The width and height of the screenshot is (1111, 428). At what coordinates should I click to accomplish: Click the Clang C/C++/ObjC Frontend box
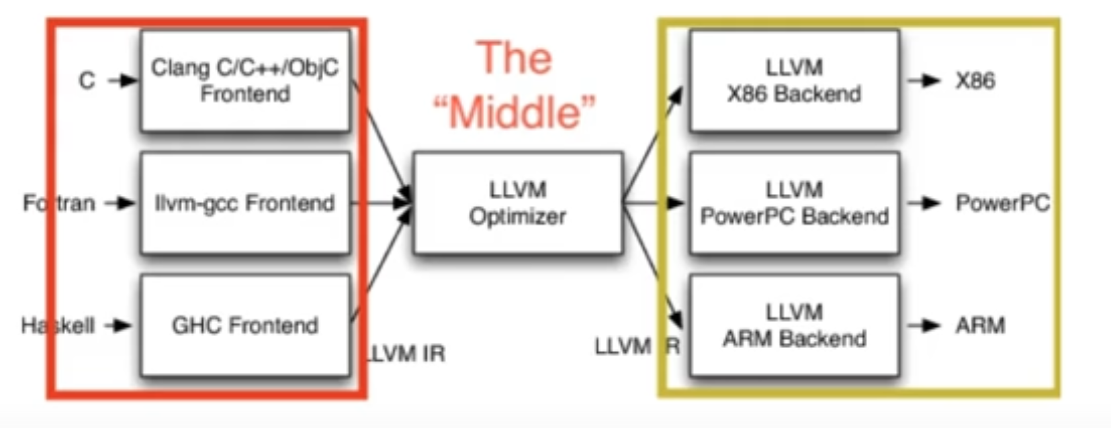245,81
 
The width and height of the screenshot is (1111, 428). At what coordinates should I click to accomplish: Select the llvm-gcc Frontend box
245,203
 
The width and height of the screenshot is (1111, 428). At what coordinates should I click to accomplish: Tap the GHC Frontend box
245,325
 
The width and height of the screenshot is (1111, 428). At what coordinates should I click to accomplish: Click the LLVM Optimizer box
518,203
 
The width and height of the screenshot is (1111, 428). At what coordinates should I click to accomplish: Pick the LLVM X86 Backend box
794,81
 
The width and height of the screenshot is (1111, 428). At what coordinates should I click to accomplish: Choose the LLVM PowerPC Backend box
794,203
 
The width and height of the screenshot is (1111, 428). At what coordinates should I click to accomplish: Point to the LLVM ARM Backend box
794,325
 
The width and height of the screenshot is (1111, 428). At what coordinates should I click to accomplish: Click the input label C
87,81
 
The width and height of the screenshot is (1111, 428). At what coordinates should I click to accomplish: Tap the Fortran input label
59,203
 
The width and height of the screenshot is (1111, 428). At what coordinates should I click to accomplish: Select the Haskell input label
58,325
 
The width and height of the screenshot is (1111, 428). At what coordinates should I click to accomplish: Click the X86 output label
975,81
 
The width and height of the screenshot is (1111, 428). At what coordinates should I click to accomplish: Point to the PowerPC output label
1002,203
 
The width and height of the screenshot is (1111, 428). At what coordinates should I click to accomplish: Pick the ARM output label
980,325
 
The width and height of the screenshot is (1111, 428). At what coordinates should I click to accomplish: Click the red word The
515,58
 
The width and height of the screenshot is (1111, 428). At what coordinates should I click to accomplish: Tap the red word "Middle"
515,111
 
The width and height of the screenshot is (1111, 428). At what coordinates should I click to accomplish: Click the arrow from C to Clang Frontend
123,81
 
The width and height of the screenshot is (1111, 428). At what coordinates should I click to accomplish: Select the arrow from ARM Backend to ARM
924,325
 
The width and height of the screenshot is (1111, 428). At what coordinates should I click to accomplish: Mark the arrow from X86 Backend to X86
924,81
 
